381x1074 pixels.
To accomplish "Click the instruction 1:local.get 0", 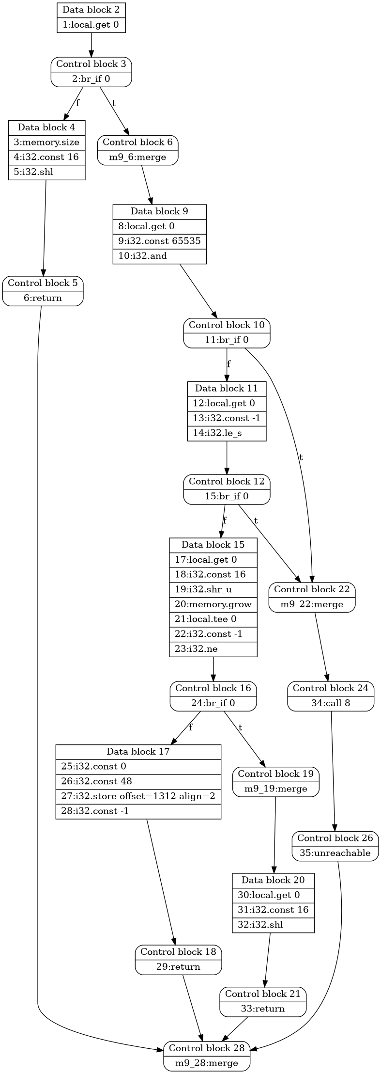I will [x=91, y=25].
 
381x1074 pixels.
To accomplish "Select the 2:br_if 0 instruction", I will [x=91, y=79].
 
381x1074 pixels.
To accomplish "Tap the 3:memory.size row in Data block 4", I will [x=46, y=142].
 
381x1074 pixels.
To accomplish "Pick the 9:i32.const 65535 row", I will [x=159, y=241].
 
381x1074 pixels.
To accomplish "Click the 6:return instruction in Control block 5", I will [x=43, y=298].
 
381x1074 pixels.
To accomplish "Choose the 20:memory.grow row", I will [x=213, y=604].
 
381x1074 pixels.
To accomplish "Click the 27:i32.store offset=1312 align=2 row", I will [x=138, y=796].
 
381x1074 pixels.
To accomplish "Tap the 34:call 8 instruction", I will [x=331, y=703].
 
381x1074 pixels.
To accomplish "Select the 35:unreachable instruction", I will [x=335, y=853].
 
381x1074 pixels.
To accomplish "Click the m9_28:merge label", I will [x=207, y=1063].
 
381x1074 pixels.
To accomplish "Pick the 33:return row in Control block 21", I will [x=263, y=1009].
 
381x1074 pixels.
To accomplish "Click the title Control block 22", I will [x=312, y=589].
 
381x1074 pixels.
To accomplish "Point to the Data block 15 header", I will [x=213, y=545].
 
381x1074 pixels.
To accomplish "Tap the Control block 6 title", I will [x=137, y=142].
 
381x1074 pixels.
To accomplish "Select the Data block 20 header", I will [x=273, y=880].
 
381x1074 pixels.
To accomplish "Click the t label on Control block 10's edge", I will [x=301, y=457].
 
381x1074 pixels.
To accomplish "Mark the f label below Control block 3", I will [x=77, y=103].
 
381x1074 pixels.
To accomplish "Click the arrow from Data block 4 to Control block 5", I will [x=45, y=228].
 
